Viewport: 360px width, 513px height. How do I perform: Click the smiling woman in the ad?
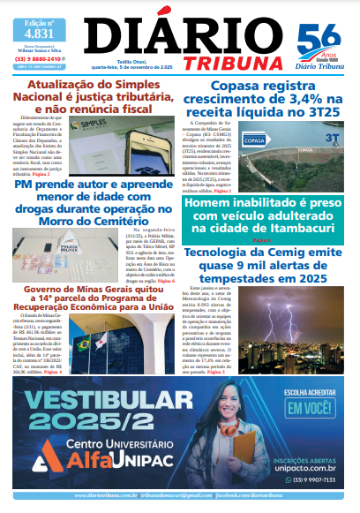231,424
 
